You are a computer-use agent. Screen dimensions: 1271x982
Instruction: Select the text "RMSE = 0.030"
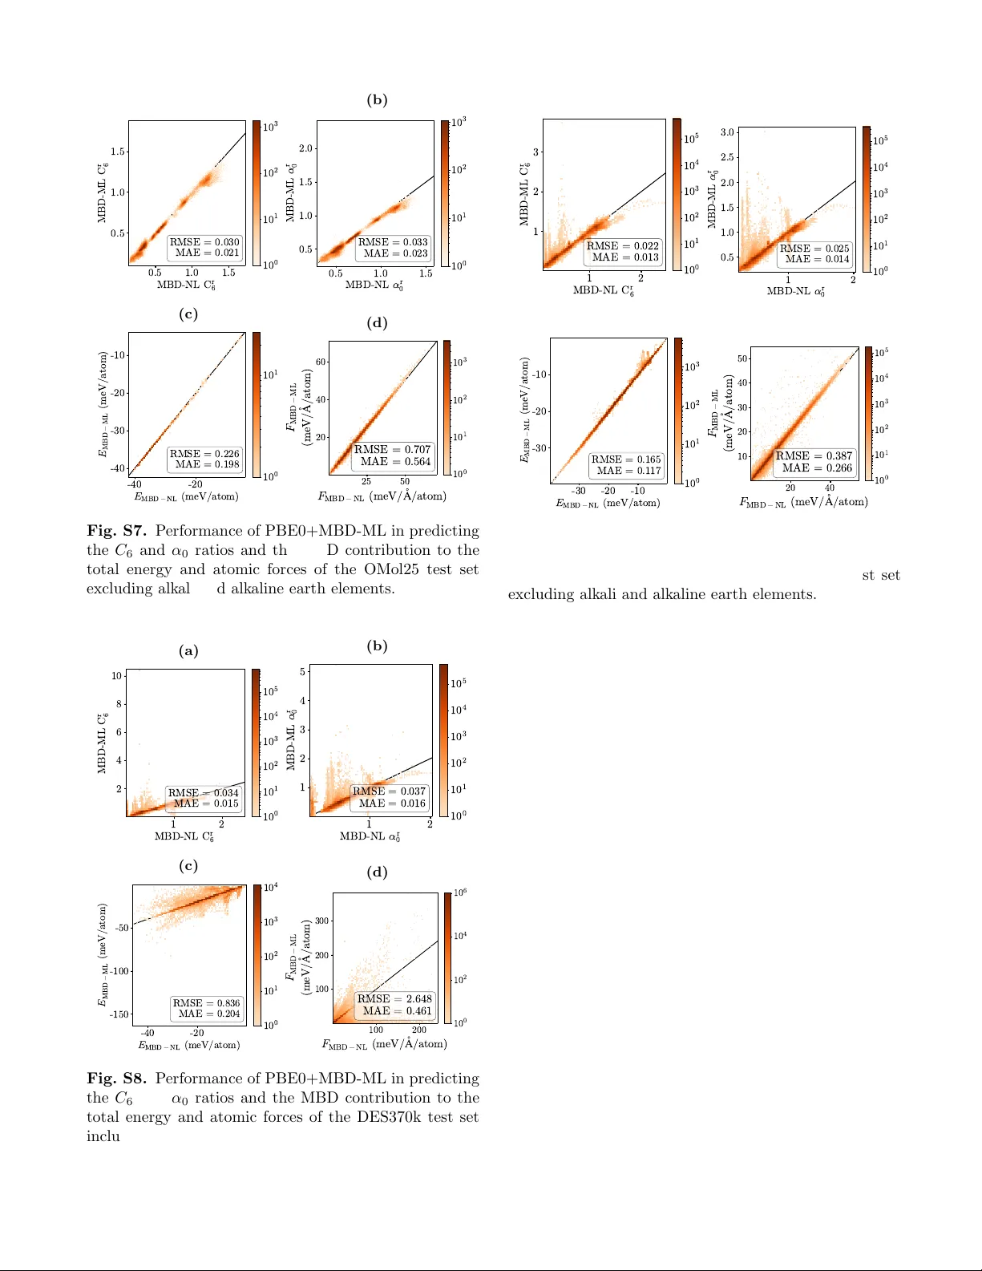[x=204, y=241]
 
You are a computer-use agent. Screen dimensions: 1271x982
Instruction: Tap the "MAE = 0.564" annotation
[x=395, y=461]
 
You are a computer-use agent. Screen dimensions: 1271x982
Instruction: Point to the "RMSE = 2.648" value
[x=394, y=998]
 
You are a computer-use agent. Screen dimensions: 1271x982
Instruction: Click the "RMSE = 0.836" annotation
[x=206, y=1002]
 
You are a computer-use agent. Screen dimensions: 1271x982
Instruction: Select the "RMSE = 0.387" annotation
[x=814, y=455]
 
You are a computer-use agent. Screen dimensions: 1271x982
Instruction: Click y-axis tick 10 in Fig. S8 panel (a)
[x=117, y=676]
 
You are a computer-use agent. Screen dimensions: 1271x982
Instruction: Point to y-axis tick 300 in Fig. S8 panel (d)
[x=321, y=921]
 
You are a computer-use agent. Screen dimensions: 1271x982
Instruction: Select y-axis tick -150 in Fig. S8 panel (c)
[x=119, y=1014]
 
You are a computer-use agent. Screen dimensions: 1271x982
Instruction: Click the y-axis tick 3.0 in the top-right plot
[x=727, y=132]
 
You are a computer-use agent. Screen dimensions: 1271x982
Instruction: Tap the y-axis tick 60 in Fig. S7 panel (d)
[x=321, y=362]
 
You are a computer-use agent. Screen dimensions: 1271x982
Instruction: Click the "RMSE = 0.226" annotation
[x=204, y=453]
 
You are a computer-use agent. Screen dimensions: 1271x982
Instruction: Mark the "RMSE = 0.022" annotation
[x=623, y=246]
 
